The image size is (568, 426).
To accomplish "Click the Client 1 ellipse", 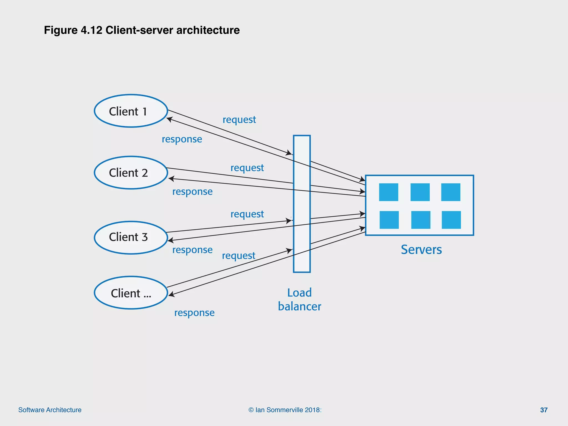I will pos(131,111).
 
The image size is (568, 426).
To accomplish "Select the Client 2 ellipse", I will pos(131,173).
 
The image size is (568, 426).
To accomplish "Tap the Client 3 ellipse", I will pos(131,237).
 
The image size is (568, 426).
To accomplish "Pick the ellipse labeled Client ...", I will pos(131,293).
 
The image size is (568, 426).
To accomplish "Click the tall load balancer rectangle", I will pos(302,204).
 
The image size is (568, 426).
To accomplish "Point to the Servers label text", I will pos(421,250).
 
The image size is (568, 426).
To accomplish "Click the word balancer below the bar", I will pos(300,306).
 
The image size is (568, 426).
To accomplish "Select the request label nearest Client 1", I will pos(239,120).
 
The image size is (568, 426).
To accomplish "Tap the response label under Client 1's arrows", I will pos(182,139).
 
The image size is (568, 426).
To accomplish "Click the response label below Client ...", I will pos(194,313).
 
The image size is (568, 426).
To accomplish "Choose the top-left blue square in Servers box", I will pos(389,192).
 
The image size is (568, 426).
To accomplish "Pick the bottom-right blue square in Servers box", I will pos(451,220).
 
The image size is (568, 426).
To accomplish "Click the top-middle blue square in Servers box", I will pos(420,192).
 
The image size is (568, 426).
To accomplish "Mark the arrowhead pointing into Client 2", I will pos(171,179).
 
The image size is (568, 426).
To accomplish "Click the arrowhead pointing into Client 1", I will pos(169,119).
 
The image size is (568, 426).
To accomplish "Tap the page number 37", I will pos(544,410).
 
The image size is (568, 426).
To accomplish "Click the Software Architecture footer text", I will pos(50,410).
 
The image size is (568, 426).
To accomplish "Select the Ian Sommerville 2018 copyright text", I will pos(285,410).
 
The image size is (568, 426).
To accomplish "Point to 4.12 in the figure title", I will pos(92,30).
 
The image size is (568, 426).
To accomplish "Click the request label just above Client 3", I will pos(247,214).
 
